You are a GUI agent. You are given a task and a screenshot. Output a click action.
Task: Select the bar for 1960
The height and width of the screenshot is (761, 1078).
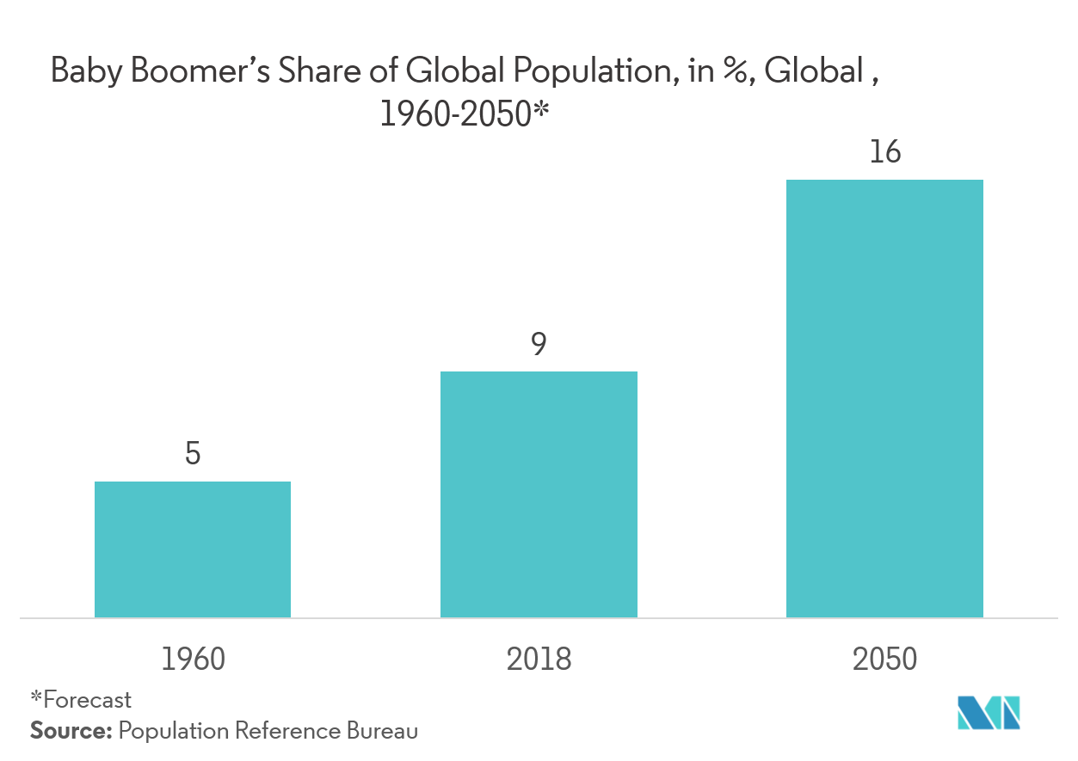(x=192, y=549)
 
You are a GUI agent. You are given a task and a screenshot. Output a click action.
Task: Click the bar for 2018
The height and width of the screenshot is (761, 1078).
(x=539, y=494)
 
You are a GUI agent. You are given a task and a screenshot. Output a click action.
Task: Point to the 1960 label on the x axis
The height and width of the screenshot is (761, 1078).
(x=193, y=660)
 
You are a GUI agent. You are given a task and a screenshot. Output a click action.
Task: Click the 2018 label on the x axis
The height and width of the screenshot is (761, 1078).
(x=539, y=660)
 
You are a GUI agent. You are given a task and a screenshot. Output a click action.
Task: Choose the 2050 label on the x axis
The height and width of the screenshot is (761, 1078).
(x=884, y=660)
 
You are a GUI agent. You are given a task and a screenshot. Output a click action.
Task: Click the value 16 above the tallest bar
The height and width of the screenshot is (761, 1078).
(x=884, y=153)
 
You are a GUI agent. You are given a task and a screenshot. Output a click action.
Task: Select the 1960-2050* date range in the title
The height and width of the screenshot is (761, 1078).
(x=464, y=114)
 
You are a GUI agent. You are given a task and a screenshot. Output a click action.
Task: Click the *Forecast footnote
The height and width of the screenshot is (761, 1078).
(x=81, y=699)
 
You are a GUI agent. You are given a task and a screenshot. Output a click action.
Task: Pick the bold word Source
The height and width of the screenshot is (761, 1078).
(x=71, y=732)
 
